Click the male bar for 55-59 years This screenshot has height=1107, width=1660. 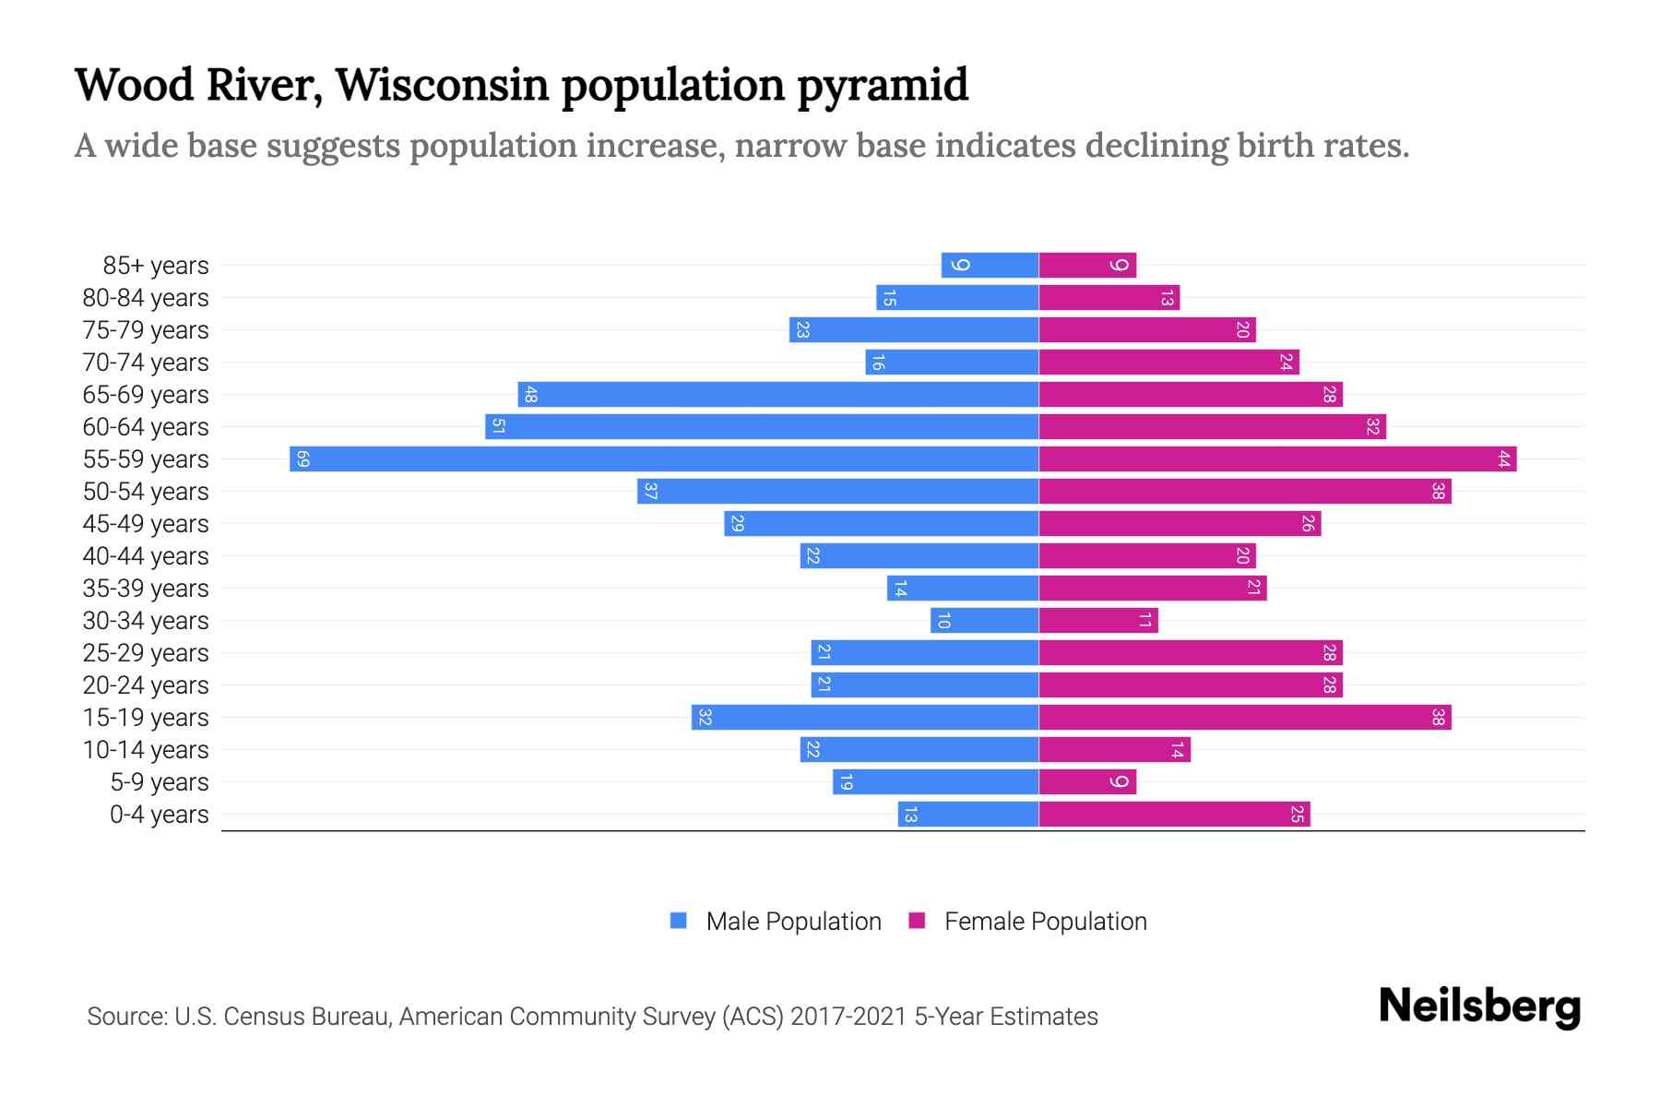click(x=664, y=459)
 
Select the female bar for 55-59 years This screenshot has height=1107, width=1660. click(x=1277, y=459)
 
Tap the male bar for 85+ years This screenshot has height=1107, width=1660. click(x=990, y=266)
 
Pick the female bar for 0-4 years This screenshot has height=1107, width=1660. click(x=1174, y=815)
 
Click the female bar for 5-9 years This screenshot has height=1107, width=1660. click(x=1087, y=782)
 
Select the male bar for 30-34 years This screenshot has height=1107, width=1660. click(x=984, y=621)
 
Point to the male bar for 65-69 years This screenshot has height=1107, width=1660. click(x=777, y=395)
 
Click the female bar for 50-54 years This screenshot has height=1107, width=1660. click(x=1245, y=492)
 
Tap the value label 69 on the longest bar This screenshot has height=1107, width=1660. click(x=302, y=459)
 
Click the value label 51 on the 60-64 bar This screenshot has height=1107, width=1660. click(x=498, y=427)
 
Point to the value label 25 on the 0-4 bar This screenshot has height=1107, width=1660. click(x=1297, y=815)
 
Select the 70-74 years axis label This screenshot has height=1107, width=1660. click(x=146, y=363)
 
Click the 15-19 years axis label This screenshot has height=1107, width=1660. click(x=146, y=718)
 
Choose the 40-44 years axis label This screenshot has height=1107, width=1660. click(x=146, y=556)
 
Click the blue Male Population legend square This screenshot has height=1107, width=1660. click(x=679, y=921)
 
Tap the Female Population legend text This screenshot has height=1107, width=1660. click(x=1045, y=922)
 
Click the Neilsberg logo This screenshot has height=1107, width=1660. click(x=1479, y=1006)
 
